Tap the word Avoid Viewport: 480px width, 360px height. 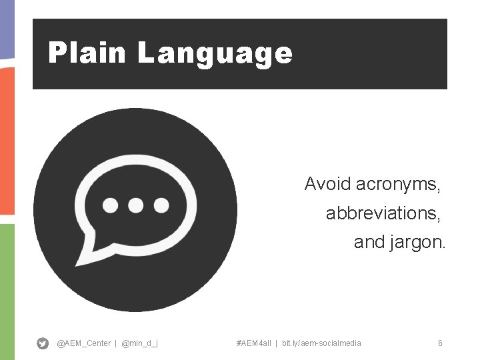[327, 183]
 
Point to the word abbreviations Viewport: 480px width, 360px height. [383, 213]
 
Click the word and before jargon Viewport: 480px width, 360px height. [369, 243]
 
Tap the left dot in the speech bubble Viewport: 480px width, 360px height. [111, 205]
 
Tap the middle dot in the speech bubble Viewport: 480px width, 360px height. [136, 205]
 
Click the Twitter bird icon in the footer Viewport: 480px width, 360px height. [43, 343]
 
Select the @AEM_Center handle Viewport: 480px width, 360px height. [83, 343]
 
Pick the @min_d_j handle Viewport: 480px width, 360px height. [140, 343]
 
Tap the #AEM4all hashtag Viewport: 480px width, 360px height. [253, 343]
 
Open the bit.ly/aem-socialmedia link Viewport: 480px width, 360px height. [321, 343]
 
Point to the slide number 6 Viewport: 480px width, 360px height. [440, 343]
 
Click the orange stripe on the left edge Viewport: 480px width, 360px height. [7, 140]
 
